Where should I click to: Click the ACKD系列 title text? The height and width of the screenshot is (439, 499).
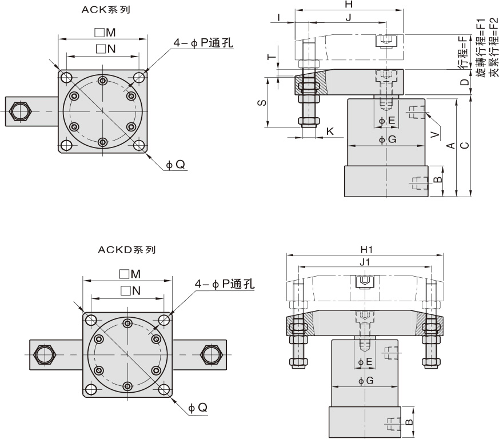click(127, 249)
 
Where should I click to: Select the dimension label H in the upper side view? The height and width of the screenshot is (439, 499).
click(349, 5)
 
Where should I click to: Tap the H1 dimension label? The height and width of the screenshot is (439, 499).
click(366, 250)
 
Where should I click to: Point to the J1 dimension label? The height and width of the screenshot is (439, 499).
click(364, 262)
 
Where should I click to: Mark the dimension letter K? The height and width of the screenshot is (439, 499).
click(330, 132)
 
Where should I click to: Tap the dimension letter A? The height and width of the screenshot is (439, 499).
click(450, 146)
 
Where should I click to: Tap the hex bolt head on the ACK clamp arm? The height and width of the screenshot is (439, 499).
click(21, 110)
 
